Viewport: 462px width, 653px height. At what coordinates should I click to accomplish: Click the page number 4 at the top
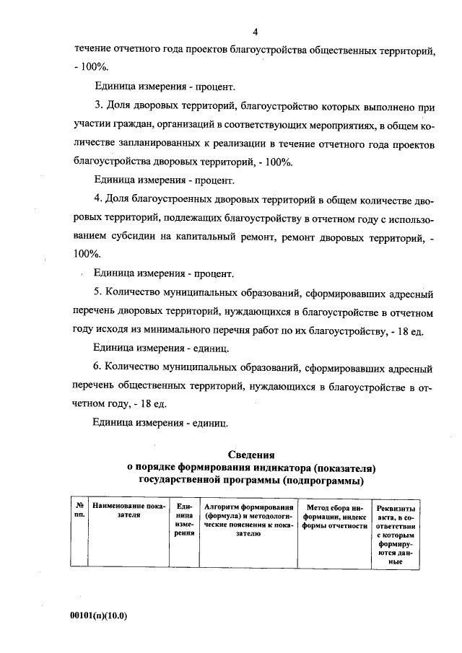pos(256,32)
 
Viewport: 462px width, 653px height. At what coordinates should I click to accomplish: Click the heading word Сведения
pos(252,455)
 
